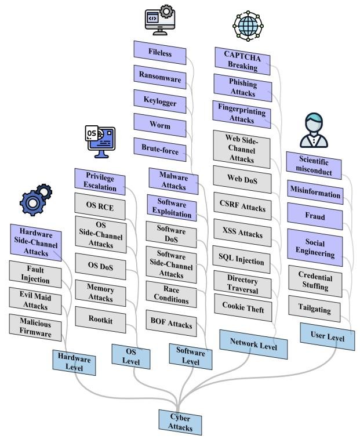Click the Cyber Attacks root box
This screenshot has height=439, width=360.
180,422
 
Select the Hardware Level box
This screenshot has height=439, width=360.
74,362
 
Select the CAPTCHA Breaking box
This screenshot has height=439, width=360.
243,60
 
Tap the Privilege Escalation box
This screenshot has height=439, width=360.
101,182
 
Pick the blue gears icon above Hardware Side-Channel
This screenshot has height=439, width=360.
36,198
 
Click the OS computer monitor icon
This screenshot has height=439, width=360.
100,141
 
